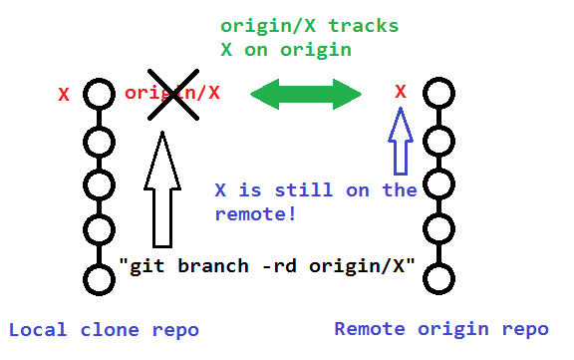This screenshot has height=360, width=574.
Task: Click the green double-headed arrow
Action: tap(305, 96)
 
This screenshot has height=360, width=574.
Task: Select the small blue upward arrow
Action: tap(400, 141)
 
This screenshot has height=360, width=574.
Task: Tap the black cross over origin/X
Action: tap(171, 95)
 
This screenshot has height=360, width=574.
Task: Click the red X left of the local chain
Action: tap(64, 96)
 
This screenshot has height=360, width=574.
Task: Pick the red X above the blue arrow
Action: tap(401, 92)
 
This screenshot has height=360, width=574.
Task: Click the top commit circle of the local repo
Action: tap(99, 95)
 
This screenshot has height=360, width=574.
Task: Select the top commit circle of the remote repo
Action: tap(439, 95)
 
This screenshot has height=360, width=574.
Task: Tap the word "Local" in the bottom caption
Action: tap(35, 330)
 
